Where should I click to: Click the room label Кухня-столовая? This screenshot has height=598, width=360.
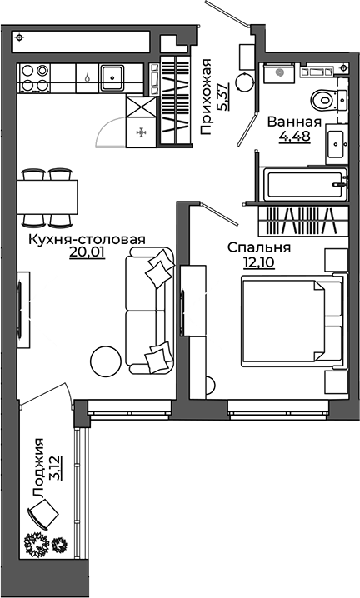pos(87,239)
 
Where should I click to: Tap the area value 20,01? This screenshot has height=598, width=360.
pos(87,253)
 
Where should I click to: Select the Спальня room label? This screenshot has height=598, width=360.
pos(259,247)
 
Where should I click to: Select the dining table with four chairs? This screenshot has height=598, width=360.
pos(47,197)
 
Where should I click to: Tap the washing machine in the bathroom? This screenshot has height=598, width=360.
pos(277,73)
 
